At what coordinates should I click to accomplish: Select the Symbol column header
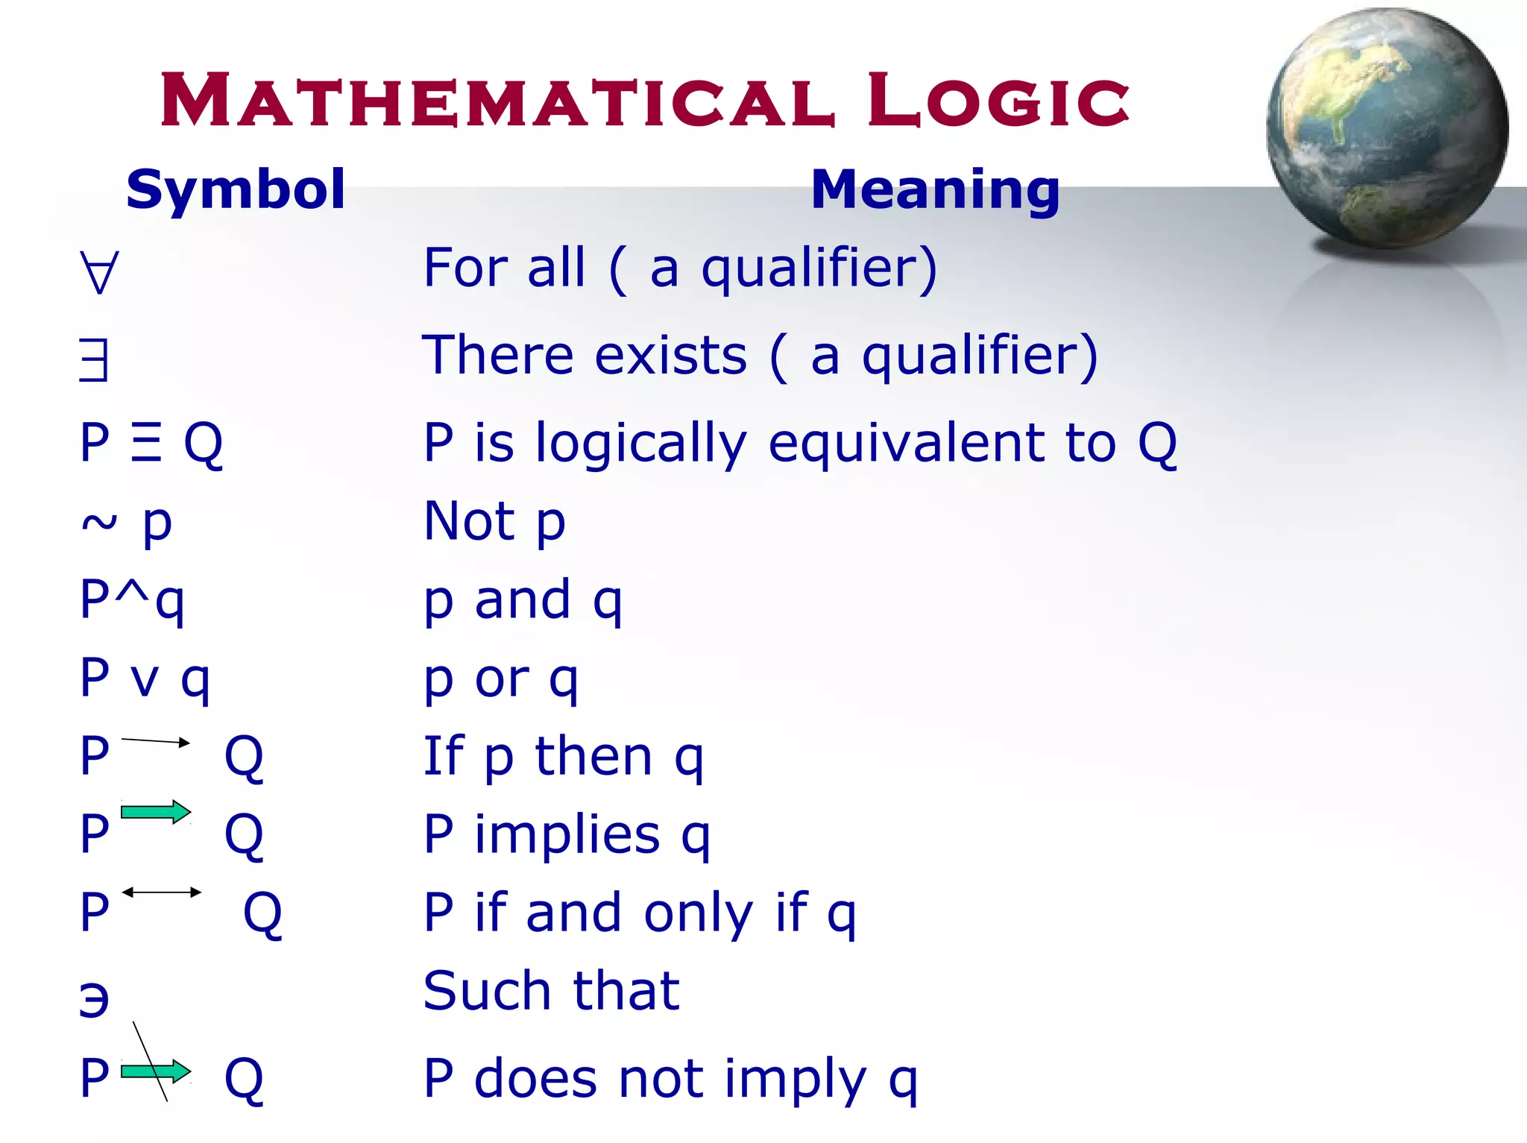[x=236, y=189]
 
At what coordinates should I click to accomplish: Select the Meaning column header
[x=935, y=189]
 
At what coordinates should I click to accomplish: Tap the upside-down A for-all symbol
[x=99, y=272]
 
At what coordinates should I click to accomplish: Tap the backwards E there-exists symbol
[x=95, y=360]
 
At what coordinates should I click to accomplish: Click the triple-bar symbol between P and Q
[x=146, y=443]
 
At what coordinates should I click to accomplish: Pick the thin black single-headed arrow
[x=155, y=741]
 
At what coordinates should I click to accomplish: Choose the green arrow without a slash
[x=155, y=812]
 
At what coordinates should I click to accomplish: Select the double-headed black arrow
[x=162, y=892]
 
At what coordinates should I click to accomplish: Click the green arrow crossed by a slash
[x=155, y=1071]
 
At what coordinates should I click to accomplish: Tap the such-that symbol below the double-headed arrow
[x=95, y=998]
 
